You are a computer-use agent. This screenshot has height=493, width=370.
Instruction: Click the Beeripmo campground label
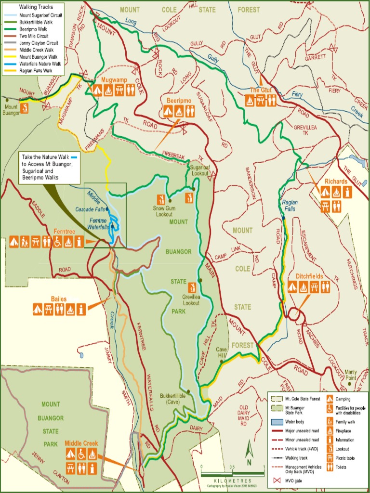pyautogui.click(x=179, y=100)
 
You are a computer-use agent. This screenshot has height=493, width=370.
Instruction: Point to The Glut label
pyautogui.click(x=261, y=90)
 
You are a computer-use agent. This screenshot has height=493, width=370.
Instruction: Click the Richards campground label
pyautogui.click(x=336, y=181)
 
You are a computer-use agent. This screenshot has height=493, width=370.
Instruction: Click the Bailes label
pyautogui.click(x=58, y=299)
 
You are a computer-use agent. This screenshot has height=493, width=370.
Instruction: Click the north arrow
pyautogui.click(x=249, y=453)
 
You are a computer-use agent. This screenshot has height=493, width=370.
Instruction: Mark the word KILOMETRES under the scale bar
pyautogui.click(x=233, y=480)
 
